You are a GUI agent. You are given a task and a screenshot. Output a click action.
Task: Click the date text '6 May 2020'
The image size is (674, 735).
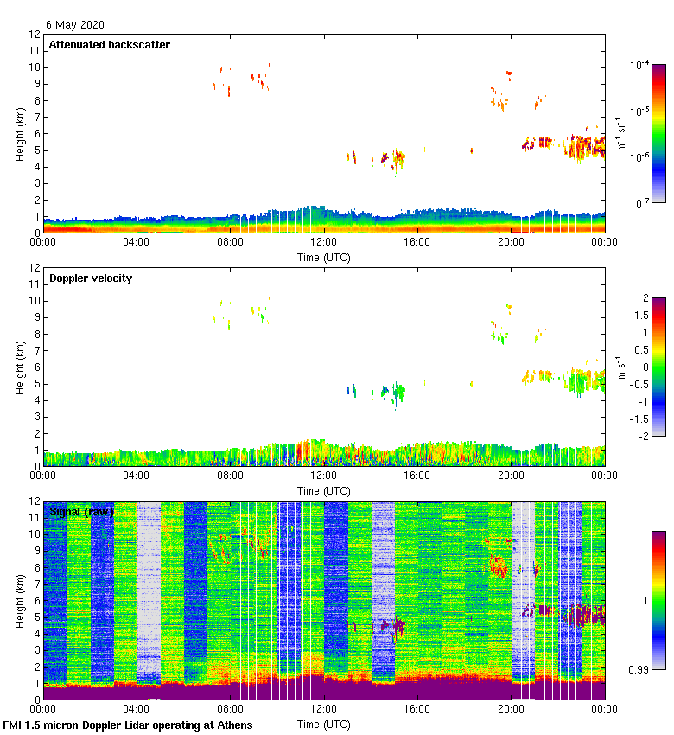tap(74, 25)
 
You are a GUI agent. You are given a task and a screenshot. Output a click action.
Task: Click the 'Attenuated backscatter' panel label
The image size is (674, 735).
tap(109, 45)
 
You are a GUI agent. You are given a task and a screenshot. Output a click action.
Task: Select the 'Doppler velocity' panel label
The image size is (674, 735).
tap(90, 278)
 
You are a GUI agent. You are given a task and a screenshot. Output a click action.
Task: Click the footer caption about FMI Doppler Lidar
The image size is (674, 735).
tap(128, 725)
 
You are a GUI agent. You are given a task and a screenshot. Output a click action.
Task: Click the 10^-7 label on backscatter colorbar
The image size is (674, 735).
tap(641, 203)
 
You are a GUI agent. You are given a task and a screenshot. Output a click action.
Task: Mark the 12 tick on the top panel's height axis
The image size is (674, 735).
tap(35, 35)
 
